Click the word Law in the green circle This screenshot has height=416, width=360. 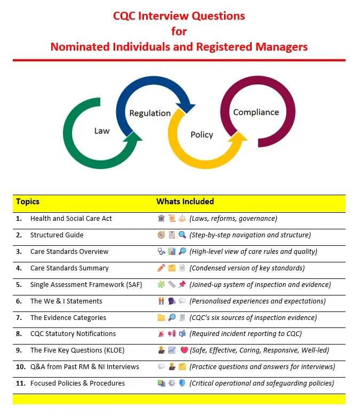click(102, 131)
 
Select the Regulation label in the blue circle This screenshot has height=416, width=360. click(150, 113)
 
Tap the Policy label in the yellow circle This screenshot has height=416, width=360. click(202, 135)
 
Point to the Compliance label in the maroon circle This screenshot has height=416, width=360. click(256, 113)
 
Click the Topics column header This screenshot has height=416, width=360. click(28, 202)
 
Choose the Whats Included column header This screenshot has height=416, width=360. click(185, 202)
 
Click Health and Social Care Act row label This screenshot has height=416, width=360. click(71, 219)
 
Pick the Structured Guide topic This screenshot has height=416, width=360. click(57, 235)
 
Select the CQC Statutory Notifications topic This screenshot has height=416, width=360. click(73, 334)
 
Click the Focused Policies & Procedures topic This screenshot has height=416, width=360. click(77, 383)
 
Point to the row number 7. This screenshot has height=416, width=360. click(19, 318)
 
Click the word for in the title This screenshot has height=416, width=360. click(179, 31)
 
